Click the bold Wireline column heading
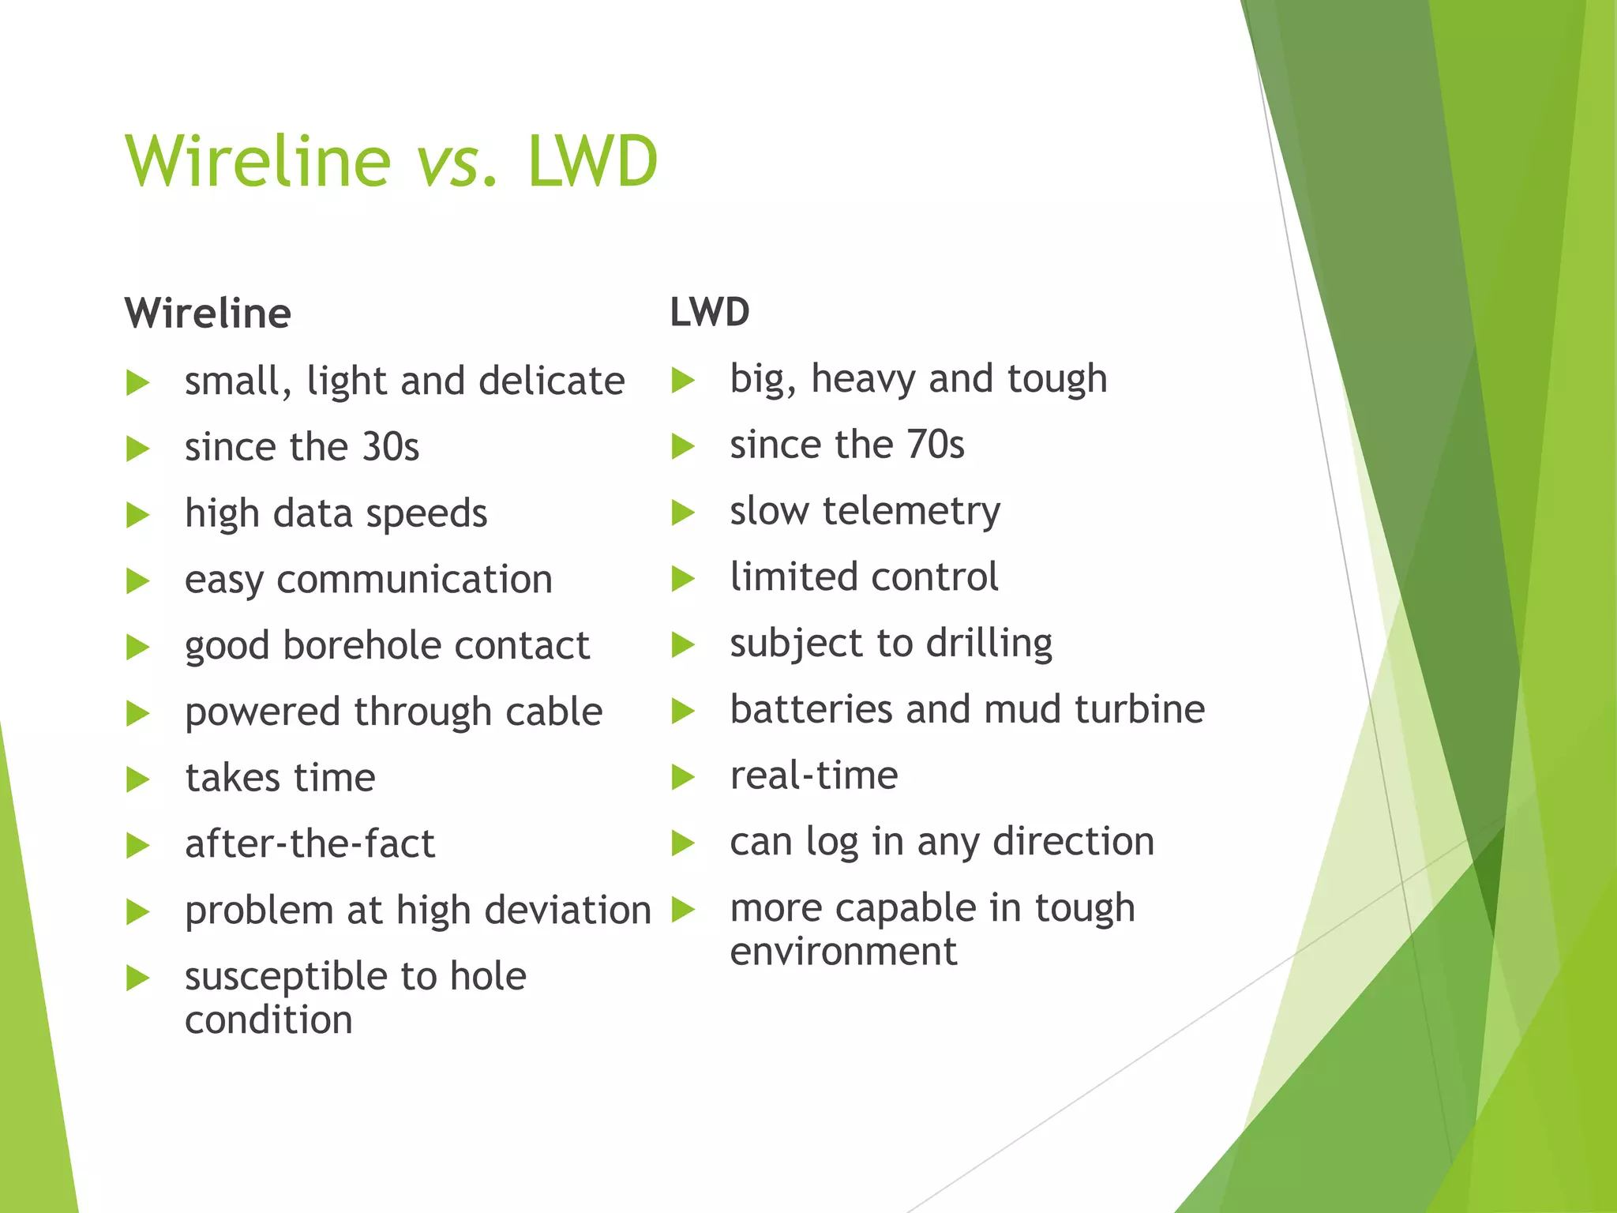208,314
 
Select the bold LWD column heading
710,312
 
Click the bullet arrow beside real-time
682,777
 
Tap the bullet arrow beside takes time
137,779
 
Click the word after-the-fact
310,844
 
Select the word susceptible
286,978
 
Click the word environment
843,952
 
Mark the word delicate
551,381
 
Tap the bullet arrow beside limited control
682,579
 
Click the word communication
414,580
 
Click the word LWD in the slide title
592,162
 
